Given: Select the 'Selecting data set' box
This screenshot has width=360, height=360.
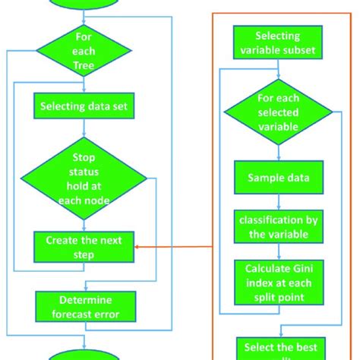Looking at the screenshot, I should [85, 106].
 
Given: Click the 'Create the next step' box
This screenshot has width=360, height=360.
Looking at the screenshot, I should [85, 247].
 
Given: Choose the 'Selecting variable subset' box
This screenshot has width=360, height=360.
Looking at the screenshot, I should [277, 43].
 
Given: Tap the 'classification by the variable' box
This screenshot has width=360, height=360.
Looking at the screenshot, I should [277, 226].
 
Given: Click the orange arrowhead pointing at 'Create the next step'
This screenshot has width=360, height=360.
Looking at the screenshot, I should [137, 247].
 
